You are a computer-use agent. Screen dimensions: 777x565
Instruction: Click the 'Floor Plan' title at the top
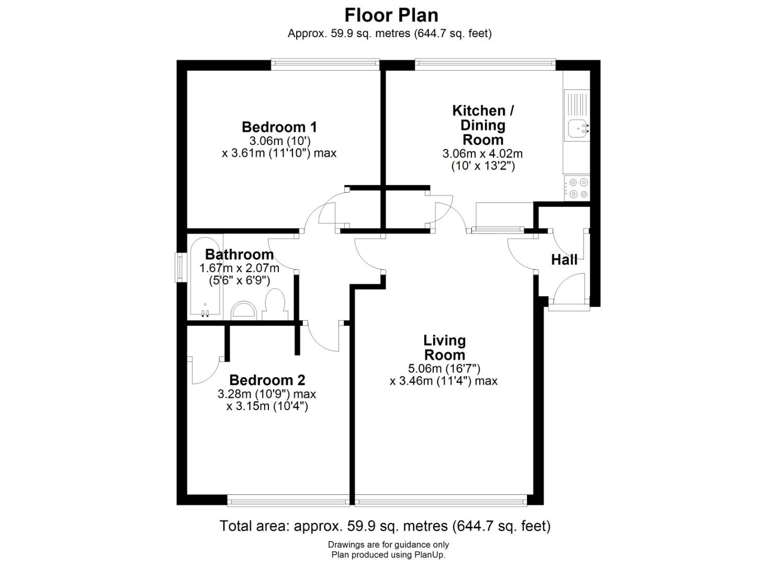391,16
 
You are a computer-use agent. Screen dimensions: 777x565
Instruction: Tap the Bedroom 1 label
279,127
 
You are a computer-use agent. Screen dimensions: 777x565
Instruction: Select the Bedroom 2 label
267,380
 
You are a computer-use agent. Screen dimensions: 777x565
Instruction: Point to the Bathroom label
239,255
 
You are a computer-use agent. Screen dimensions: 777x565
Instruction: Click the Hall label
565,260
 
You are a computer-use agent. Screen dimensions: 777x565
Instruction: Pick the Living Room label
444,347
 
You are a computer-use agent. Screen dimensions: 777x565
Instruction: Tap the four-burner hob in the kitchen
577,188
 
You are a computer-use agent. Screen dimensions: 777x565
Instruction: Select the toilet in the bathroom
275,305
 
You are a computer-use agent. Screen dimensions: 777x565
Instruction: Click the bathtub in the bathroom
205,277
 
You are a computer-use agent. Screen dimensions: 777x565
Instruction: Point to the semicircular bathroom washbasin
243,310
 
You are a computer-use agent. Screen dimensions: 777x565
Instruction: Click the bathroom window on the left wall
179,267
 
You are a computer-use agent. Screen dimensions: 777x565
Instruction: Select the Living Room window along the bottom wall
441,501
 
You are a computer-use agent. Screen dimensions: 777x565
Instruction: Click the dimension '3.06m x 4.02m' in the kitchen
482,154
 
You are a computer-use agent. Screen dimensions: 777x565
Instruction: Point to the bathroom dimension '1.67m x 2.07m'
239,268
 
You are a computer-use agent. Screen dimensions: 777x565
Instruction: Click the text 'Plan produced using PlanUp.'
388,555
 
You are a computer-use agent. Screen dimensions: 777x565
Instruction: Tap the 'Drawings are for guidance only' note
388,545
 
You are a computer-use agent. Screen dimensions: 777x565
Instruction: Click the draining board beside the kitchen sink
577,104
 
